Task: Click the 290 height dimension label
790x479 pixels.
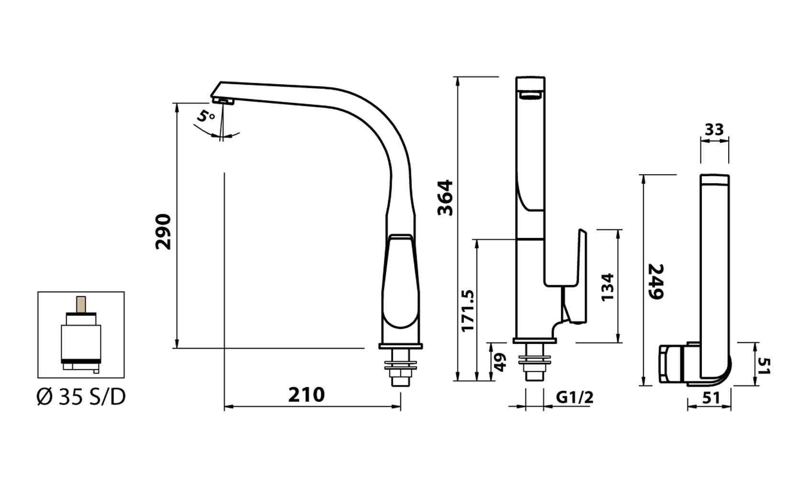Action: (163, 232)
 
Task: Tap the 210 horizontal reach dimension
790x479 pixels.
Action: (306, 395)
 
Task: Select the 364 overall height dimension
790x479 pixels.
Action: (446, 198)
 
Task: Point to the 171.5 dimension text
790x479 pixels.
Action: (468, 310)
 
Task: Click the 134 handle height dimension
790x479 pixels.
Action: (607, 287)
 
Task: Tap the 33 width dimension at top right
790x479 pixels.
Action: (714, 130)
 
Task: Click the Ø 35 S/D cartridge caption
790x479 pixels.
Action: (81, 398)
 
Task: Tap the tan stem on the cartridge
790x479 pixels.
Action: (81, 304)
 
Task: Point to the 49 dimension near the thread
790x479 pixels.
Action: (499, 362)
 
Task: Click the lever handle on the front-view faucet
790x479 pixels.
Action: (576, 278)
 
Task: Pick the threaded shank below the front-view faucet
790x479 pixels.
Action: (535, 366)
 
